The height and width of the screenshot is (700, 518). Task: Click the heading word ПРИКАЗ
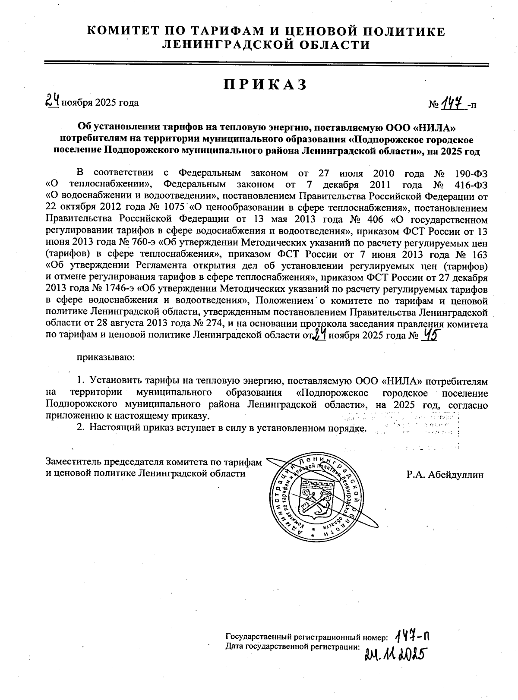265,85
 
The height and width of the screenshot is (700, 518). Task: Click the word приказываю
106,357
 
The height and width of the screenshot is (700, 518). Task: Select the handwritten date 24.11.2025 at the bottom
393,654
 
